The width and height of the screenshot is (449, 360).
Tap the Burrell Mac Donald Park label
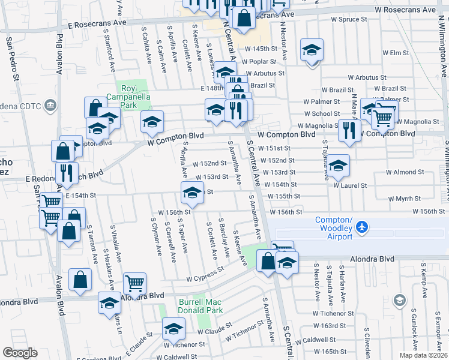(x=200, y=306)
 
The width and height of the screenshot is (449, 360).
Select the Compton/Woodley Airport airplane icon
(x=361, y=227)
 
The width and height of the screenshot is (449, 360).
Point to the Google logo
(x=20, y=353)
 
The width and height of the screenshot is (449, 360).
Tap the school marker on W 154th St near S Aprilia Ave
(x=191, y=193)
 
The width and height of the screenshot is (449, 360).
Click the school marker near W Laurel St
(x=339, y=167)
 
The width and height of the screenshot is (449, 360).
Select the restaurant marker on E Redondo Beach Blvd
(x=67, y=173)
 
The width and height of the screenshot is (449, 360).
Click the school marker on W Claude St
(x=173, y=328)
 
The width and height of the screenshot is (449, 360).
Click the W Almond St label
(x=405, y=172)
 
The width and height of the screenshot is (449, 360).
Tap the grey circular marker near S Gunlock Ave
(x=399, y=299)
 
